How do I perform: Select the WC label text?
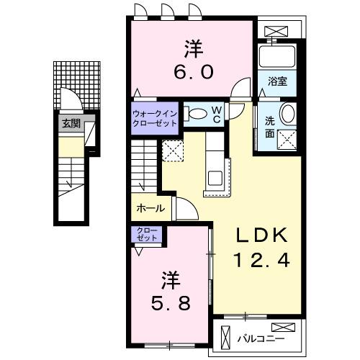216,114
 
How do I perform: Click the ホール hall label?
150,209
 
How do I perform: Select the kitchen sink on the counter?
215,177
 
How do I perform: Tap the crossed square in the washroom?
287,138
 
